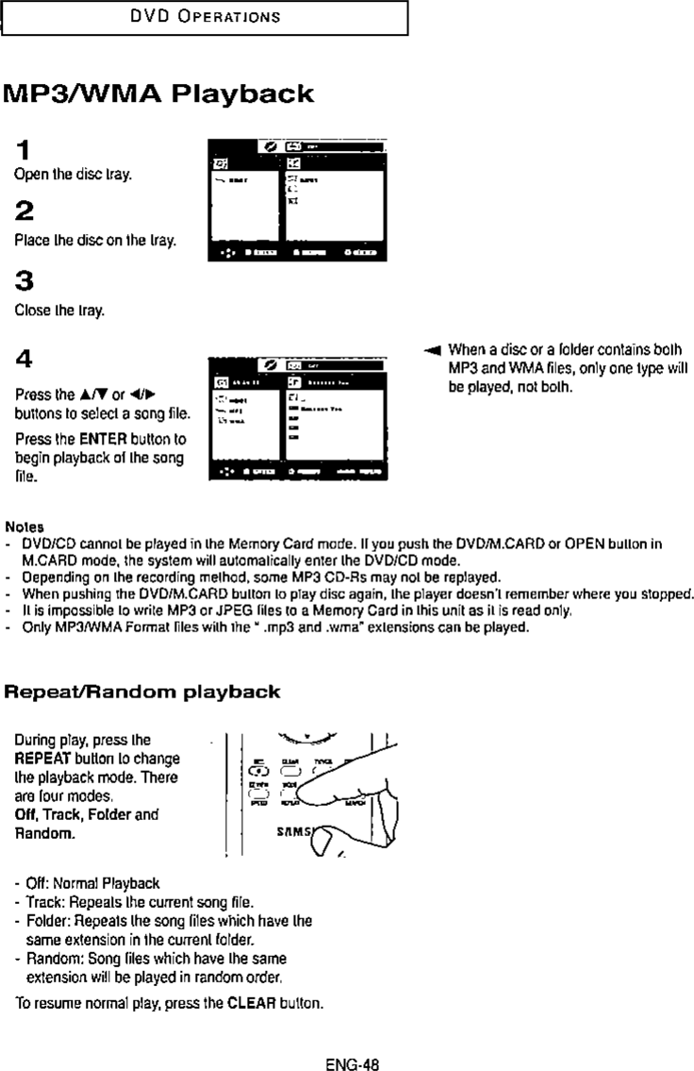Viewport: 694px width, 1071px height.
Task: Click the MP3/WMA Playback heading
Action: coord(157,94)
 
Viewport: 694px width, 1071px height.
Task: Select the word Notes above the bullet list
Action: coord(22,526)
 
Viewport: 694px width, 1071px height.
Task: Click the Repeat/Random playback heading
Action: coord(142,692)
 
